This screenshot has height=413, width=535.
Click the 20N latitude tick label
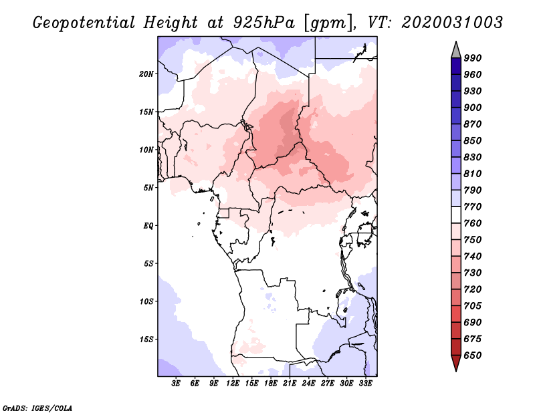146,74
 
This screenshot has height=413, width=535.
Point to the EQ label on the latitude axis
149,225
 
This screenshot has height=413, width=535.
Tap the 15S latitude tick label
146,339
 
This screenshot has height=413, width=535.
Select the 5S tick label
148,263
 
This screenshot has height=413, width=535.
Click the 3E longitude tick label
177,384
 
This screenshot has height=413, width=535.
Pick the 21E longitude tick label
290,384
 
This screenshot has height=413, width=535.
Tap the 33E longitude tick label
365,384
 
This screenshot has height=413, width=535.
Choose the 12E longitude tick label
233,384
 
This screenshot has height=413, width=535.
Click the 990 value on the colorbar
473,58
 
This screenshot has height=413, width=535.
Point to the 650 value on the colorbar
473,356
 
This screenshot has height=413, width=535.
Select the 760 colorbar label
473,223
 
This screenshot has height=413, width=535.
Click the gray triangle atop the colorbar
455,49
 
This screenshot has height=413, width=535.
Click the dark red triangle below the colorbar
455,364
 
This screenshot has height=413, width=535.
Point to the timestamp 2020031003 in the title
452,22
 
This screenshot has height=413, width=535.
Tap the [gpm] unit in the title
328,22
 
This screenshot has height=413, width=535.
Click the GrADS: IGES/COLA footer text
37,407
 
